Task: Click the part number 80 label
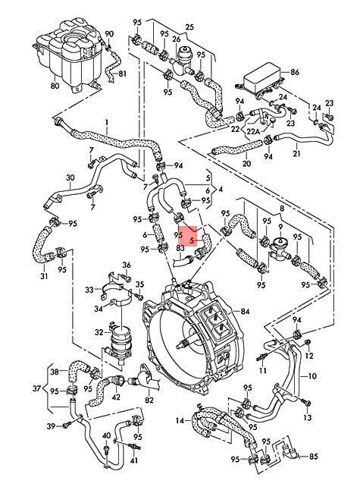pyautogui.click(x=55, y=85)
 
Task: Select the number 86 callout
pyautogui.click(x=295, y=72)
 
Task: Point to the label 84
pyautogui.click(x=245, y=311)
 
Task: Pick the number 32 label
pyautogui.click(x=99, y=332)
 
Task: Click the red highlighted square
pyautogui.click(x=187, y=237)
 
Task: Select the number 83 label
pyautogui.click(x=180, y=248)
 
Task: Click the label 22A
pyautogui.click(x=253, y=132)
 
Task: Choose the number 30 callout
pyautogui.click(x=70, y=177)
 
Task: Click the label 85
pyautogui.click(x=314, y=456)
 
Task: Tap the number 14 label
pyautogui.click(x=180, y=420)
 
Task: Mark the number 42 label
pyautogui.click(x=116, y=397)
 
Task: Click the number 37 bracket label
pyautogui.click(x=36, y=388)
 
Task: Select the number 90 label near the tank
pyautogui.click(x=108, y=33)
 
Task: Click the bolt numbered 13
pyautogui.click(x=307, y=403)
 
